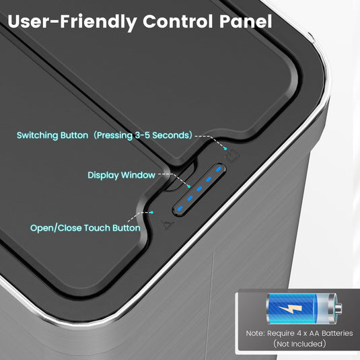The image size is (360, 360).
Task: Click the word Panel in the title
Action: tap(246, 22)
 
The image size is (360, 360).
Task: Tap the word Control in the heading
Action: tap(178, 22)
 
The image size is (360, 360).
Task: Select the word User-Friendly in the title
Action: tap(72, 22)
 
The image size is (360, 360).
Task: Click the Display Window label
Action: tap(121, 175)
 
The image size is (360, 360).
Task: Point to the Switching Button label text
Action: tap(52, 135)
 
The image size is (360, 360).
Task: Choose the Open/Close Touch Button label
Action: tap(85, 228)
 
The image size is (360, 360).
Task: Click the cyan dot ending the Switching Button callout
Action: tap(225, 149)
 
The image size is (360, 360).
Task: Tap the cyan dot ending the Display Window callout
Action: tap(189, 186)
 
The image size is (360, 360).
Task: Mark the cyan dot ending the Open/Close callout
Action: tap(152, 213)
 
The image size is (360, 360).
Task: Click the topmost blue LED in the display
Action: tap(218, 170)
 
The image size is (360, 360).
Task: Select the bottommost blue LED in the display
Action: tap(180, 209)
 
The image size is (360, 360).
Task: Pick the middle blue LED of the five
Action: tap(199, 189)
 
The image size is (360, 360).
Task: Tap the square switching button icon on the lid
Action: tap(233, 155)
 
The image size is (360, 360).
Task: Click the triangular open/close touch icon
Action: tap(168, 225)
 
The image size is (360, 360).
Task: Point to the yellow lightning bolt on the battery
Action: tap(290, 308)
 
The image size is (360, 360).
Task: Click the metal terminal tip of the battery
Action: tap(339, 308)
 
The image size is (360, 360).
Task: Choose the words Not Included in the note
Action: tap(299, 344)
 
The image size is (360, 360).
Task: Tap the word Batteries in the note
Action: tap(337, 333)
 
